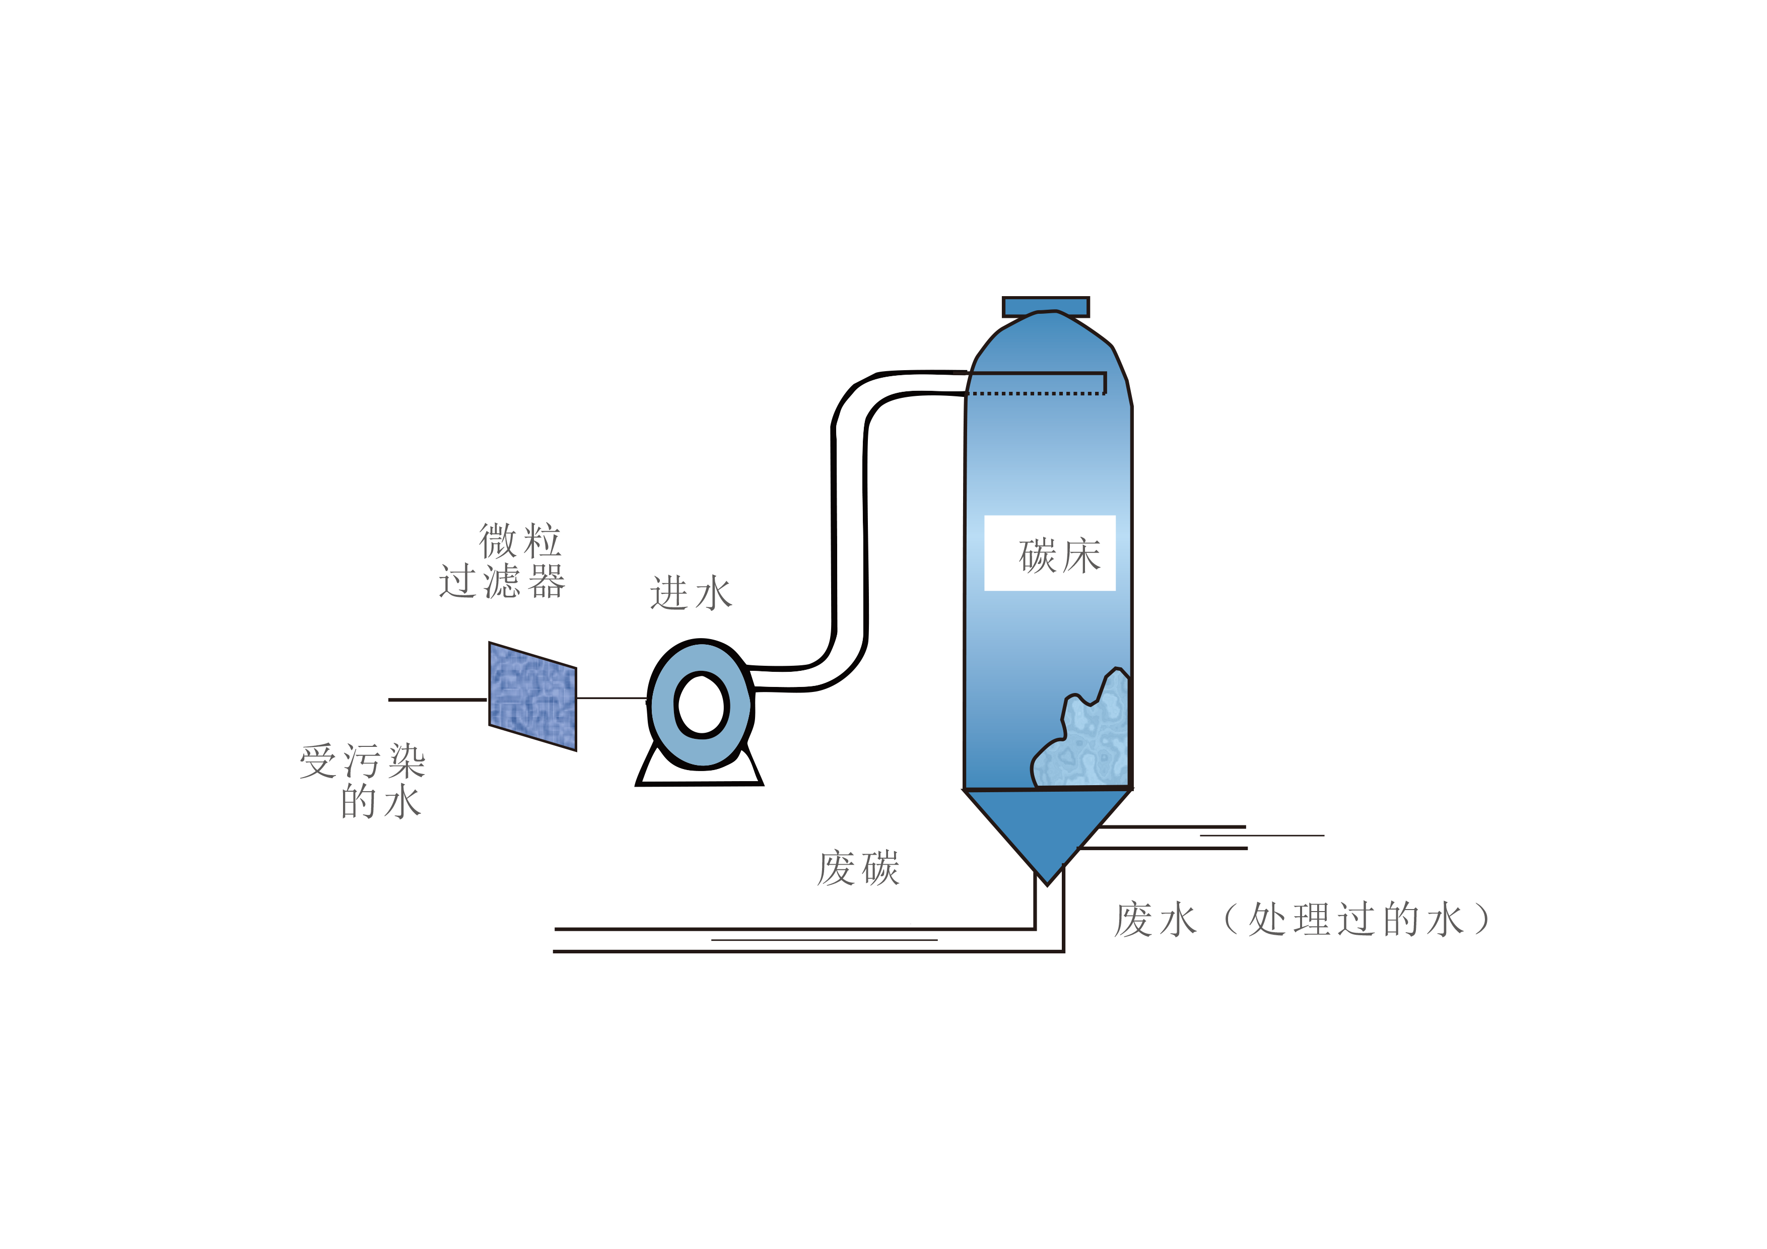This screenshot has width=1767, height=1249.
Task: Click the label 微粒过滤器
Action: tap(503, 560)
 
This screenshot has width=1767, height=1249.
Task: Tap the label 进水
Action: tap(691, 593)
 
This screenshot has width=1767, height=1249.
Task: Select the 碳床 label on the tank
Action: tap(1060, 556)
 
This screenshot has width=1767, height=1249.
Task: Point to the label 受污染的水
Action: tap(363, 780)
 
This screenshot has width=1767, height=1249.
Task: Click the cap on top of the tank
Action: tap(1046, 306)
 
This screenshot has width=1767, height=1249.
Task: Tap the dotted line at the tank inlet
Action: tap(1036, 393)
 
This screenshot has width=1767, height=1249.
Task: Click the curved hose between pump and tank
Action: tap(850, 531)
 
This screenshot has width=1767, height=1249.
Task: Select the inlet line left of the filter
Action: tap(438, 700)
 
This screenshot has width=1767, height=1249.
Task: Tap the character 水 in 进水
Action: tap(713, 593)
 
